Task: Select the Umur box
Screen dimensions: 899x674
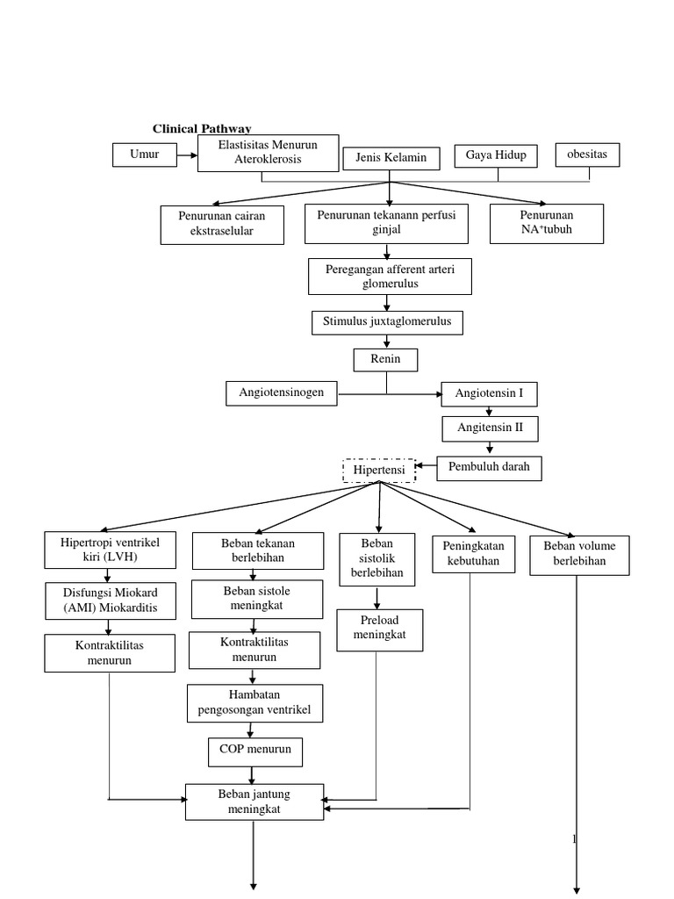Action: pyautogui.click(x=144, y=155)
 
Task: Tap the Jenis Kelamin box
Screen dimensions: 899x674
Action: pyautogui.click(x=391, y=158)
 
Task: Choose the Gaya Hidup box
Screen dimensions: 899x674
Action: pyautogui.click(x=496, y=155)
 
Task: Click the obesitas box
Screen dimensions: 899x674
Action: pyautogui.click(x=587, y=155)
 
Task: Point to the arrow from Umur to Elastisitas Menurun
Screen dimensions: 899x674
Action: pyautogui.click(x=186, y=155)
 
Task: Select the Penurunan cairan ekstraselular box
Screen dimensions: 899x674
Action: pyautogui.click(x=224, y=224)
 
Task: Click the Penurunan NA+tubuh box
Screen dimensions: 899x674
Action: pyautogui.click(x=546, y=223)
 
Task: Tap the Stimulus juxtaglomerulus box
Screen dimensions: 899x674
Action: pyautogui.click(x=387, y=322)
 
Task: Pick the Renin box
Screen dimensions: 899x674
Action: pyautogui.click(x=385, y=360)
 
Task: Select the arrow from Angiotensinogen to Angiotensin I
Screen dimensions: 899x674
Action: pyautogui.click(x=391, y=394)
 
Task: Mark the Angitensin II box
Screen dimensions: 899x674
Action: pyautogui.click(x=489, y=428)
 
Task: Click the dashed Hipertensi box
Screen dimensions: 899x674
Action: pyautogui.click(x=379, y=471)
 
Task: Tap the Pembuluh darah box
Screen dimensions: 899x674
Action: pyautogui.click(x=489, y=468)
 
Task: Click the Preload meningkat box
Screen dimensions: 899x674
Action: pyautogui.click(x=379, y=629)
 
